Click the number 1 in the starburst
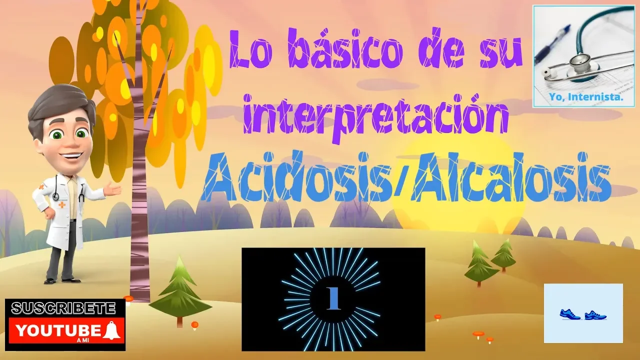333,298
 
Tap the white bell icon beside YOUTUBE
111,330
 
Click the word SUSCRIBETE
63,308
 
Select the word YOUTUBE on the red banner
58,331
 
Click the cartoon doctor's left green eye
56,134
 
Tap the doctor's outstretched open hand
112,189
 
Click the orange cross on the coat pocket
61,204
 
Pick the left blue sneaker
569,314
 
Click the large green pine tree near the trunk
180,291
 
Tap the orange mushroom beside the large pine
195,325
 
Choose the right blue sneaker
595,315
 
